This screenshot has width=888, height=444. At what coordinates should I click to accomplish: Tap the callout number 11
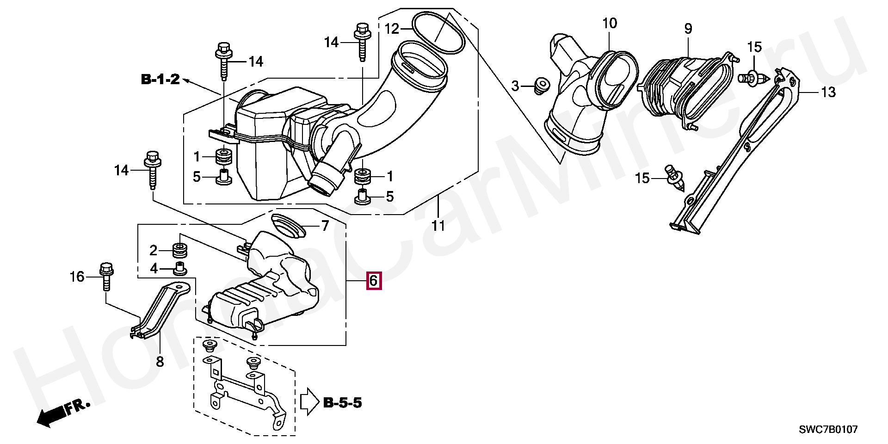[x=438, y=226]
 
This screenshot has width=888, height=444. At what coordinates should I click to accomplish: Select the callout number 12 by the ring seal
[x=392, y=29]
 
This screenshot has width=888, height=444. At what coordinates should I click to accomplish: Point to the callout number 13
[x=828, y=92]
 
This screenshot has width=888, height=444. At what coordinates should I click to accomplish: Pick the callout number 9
[x=688, y=29]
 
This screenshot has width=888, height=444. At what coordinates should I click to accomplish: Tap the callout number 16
[x=77, y=277]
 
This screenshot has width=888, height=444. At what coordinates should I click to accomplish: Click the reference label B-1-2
[x=160, y=80]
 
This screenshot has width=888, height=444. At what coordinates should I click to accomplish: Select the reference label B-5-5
[x=342, y=402]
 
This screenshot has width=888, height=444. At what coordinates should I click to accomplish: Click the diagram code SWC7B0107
[x=828, y=430]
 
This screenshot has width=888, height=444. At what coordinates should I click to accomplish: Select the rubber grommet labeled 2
[x=179, y=250]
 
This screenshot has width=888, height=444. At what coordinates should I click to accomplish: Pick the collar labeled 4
[x=179, y=268]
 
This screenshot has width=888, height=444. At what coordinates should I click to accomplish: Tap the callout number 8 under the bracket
[x=160, y=361]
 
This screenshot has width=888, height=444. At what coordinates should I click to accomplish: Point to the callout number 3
[x=516, y=86]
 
